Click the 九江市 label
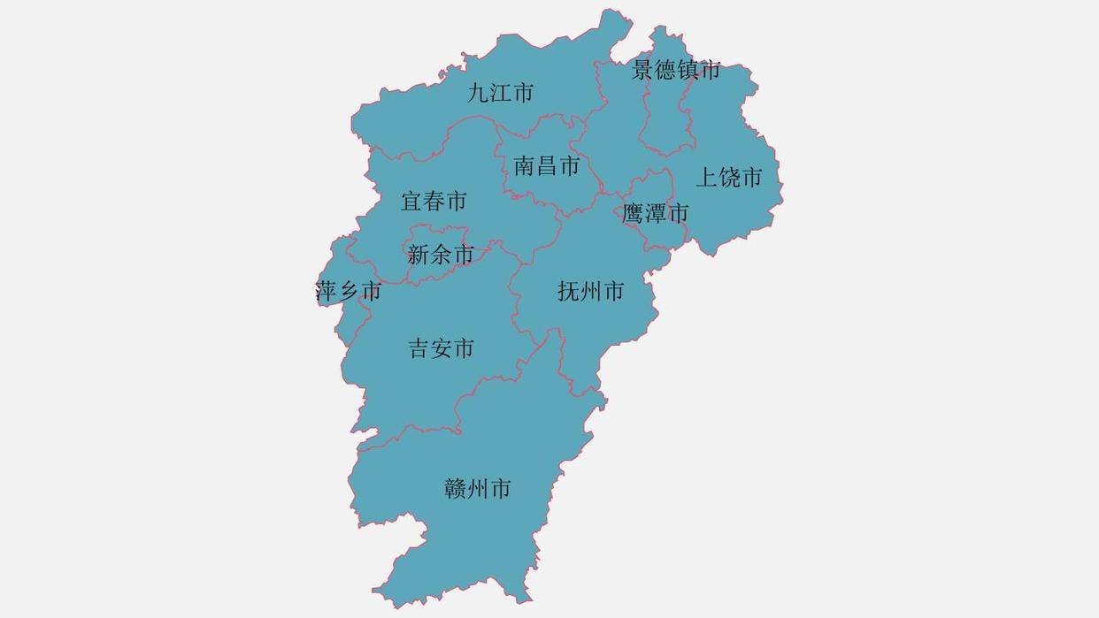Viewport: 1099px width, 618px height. pos(501,93)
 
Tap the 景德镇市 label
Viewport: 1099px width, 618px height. pos(676,70)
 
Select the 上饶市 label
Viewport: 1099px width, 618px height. pos(728,178)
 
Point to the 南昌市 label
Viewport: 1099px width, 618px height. pos(546,165)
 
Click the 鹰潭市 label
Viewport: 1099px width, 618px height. pos(655,213)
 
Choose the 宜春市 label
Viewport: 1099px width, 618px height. pos(434,202)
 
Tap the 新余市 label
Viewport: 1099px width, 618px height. pos(441,256)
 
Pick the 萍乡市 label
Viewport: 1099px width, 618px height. pos(349,291)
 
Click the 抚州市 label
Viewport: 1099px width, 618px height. pos(591,291)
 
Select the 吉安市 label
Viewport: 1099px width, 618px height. pos(441,348)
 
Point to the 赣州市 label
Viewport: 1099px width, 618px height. pos(477,489)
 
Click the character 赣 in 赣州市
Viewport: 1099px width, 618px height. pos(456,489)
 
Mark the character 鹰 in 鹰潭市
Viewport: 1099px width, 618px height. pos(634,213)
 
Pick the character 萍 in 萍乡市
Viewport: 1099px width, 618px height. pos(327,291)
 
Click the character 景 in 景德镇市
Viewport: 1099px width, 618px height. pos(643,70)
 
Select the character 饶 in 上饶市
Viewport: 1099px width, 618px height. pos(728,178)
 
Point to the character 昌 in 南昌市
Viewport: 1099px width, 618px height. pos(546,165)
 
